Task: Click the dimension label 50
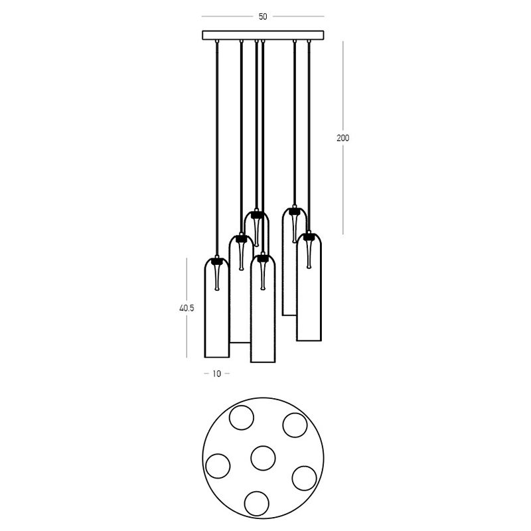263,17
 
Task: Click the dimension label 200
342,138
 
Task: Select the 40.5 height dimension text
187,308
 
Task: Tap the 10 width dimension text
217,374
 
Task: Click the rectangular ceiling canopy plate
263,35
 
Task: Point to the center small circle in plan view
263,458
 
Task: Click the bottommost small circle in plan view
257,504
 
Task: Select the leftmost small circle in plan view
218,466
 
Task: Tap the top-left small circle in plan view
241,417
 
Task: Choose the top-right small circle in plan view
295,425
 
